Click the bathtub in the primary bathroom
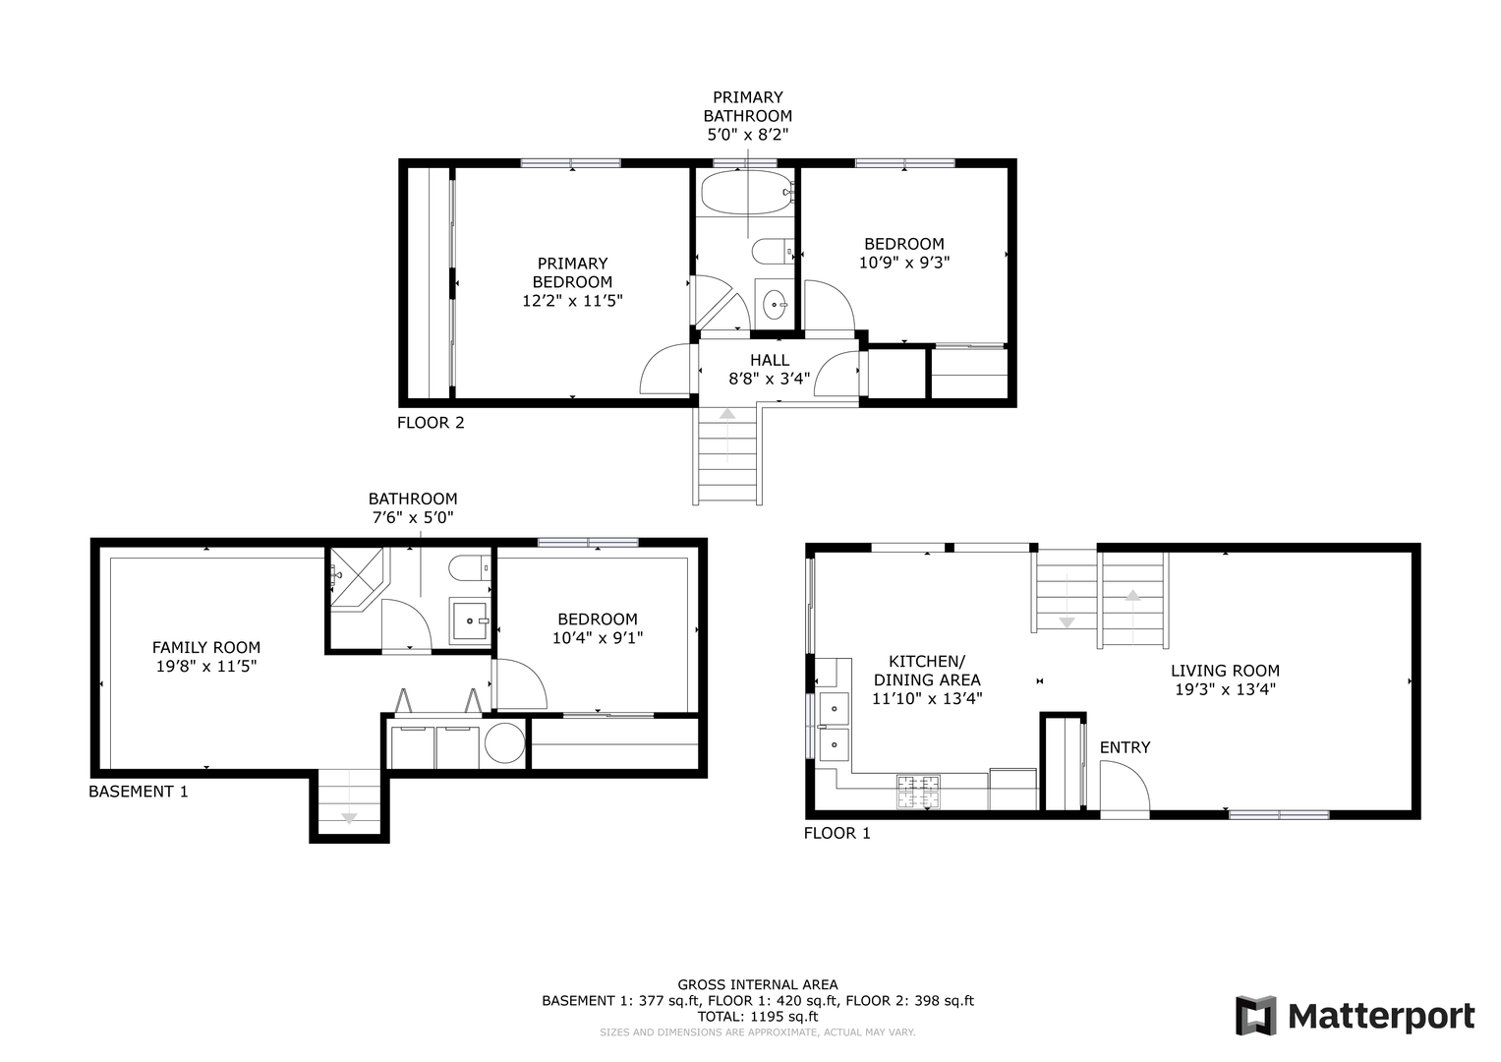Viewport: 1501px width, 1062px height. click(746, 193)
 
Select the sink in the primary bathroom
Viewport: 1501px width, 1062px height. click(775, 305)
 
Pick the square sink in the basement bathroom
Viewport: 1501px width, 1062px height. click(470, 620)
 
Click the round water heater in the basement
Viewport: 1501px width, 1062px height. click(504, 742)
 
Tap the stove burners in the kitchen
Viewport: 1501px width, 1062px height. click(918, 792)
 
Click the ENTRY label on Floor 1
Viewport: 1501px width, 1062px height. click(1125, 747)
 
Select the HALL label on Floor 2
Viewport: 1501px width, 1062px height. click(770, 360)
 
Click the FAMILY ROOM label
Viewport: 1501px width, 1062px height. click(206, 648)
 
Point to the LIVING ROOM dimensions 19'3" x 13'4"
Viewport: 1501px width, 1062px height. click(1225, 689)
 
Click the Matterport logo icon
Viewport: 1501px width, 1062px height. click(1255, 1016)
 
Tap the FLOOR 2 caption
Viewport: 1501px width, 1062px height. click(431, 423)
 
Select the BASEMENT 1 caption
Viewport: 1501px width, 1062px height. click(139, 792)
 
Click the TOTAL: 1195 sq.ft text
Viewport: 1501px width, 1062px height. click(758, 1017)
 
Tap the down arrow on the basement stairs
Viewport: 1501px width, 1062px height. click(349, 817)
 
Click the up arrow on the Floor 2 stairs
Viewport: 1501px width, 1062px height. click(727, 414)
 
